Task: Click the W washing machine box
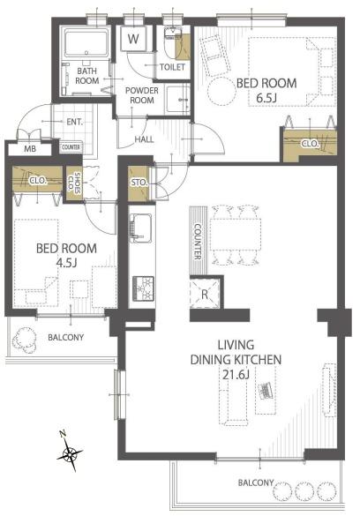(x=133, y=39)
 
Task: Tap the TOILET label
(x=172, y=67)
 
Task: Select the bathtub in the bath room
(x=86, y=43)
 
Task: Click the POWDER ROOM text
(x=142, y=95)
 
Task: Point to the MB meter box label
(x=30, y=149)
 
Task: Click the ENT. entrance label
(x=75, y=122)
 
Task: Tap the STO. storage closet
(x=139, y=183)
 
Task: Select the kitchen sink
(x=141, y=228)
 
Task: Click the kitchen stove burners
(x=143, y=288)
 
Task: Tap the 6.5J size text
(x=266, y=98)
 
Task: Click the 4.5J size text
(x=66, y=263)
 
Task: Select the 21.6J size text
(x=236, y=375)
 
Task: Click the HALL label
(x=144, y=139)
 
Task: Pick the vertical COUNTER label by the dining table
(x=198, y=242)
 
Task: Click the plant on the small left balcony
(x=25, y=340)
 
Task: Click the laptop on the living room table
(x=266, y=390)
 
